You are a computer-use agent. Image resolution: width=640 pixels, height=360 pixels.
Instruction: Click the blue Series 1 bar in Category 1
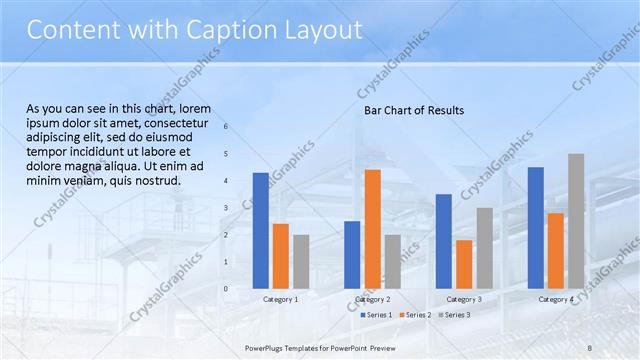coord(260,230)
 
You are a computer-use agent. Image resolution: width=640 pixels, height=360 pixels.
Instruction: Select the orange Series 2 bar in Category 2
coord(372,229)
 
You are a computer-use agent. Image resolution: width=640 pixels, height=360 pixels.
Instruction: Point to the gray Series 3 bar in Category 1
coord(301,261)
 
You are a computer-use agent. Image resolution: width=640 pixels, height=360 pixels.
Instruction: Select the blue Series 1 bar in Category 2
coord(352,254)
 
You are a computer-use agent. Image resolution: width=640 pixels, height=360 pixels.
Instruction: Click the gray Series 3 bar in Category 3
coord(484,248)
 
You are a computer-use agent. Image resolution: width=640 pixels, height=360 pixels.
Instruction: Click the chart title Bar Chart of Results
coord(414,110)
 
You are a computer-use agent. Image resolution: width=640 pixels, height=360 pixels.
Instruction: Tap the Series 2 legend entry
coord(415,315)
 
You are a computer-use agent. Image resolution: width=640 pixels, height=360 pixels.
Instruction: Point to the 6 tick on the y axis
coord(226,127)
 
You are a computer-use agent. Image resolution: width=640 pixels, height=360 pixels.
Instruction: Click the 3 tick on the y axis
coord(226,208)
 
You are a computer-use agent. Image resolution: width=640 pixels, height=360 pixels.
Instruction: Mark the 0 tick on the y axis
coord(226,289)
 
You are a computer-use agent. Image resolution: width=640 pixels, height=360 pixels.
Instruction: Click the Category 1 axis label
coord(280,299)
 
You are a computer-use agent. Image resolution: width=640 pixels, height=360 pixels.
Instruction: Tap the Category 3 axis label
coord(464,299)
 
